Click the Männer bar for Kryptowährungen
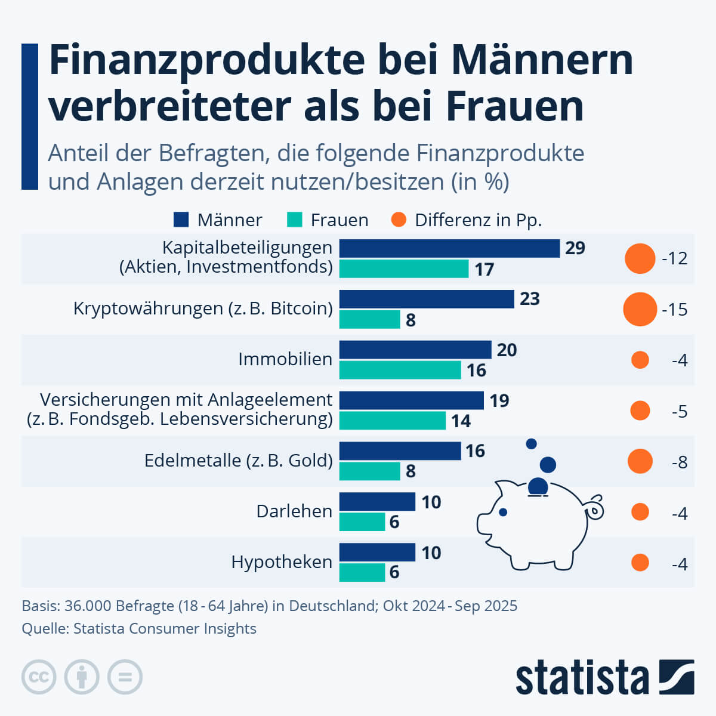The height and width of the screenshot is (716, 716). pyautogui.click(x=427, y=299)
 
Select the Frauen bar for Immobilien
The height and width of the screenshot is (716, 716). pyautogui.click(x=400, y=370)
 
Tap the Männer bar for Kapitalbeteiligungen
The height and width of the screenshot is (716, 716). pyautogui.click(x=449, y=248)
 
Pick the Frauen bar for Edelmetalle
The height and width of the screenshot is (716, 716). pyautogui.click(x=369, y=471)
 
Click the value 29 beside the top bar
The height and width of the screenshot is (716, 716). pyautogui.click(x=575, y=248)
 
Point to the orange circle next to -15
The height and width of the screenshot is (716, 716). pyautogui.click(x=640, y=309)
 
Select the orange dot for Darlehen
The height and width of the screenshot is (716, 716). pyautogui.click(x=640, y=512)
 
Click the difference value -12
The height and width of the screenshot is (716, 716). pyautogui.click(x=674, y=258)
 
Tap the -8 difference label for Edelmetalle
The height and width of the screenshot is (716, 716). pyautogui.click(x=679, y=462)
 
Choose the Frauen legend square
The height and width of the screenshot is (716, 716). pyautogui.click(x=295, y=220)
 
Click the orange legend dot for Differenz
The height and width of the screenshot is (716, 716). pyautogui.click(x=399, y=220)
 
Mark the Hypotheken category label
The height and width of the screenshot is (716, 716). pyautogui.click(x=282, y=562)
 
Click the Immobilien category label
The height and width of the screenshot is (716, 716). pyautogui.click(x=285, y=359)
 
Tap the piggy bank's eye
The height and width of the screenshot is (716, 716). pyautogui.click(x=503, y=512)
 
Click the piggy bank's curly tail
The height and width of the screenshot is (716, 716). pyautogui.click(x=595, y=508)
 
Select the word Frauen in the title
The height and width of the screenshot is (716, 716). pyautogui.click(x=514, y=107)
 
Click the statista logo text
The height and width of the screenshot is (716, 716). pyautogui.click(x=582, y=678)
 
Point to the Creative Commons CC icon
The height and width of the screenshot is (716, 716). pyautogui.click(x=39, y=677)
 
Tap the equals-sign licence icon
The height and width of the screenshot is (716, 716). pyautogui.click(x=125, y=677)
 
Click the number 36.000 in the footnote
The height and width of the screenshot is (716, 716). pyautogui.click(x=88, y=606)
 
